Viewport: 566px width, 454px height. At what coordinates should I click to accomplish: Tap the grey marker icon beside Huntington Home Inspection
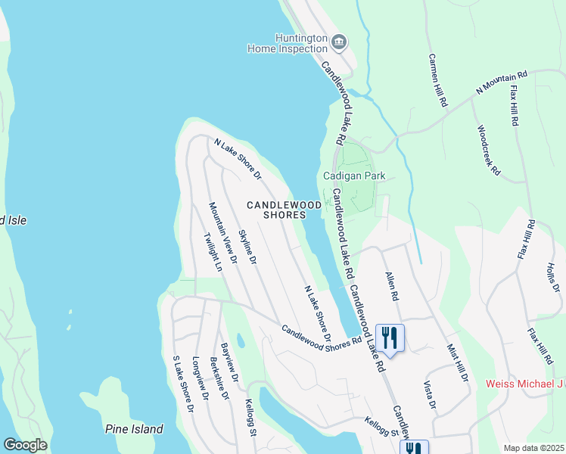click(x=339, y=41)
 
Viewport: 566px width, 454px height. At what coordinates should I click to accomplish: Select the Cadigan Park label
click(x=354, y=176)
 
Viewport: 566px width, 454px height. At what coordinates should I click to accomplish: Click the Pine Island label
click(x=134, y=429)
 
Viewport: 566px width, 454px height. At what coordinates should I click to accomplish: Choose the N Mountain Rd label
click(x=501, y=83)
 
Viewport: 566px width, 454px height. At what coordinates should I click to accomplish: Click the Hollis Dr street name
click(x=552, y=278)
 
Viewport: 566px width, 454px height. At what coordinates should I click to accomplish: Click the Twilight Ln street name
click(x=212, y=251)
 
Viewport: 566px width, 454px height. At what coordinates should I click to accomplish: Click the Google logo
click(x=24, y=445)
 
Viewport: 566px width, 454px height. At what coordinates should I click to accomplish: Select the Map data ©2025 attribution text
click(x=533, y=448)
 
